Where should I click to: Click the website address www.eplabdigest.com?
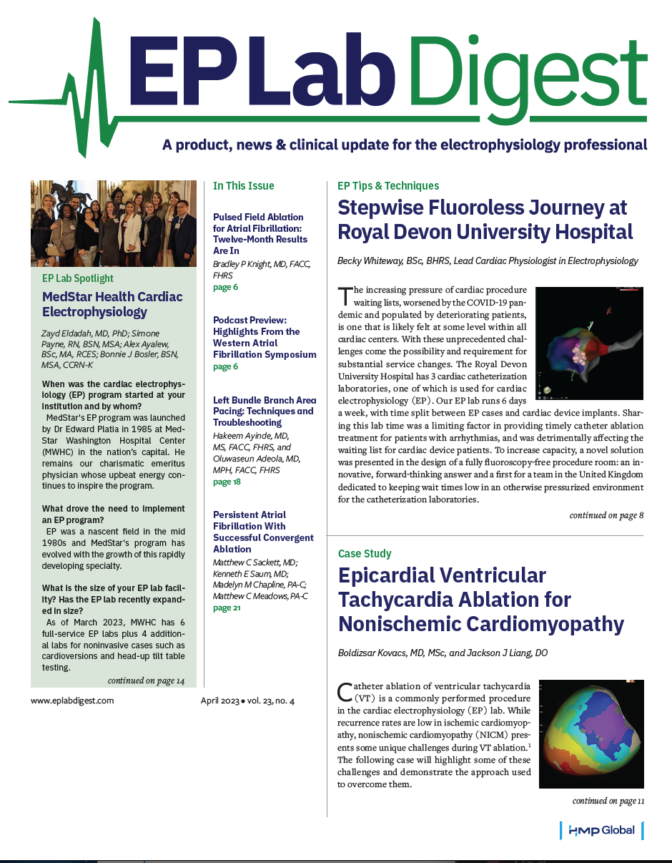click(72, 701)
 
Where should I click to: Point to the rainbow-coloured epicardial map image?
click(591, 733)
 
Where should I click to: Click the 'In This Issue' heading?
click(244, 186)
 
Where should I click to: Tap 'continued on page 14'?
click(147, 681)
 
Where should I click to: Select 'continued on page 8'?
click(606, 515)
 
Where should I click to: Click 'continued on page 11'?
click(608, 801)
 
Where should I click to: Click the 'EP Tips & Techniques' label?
click(388, 186)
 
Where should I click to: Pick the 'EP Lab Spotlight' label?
click(78, 278)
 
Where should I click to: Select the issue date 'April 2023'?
click(219, 701)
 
